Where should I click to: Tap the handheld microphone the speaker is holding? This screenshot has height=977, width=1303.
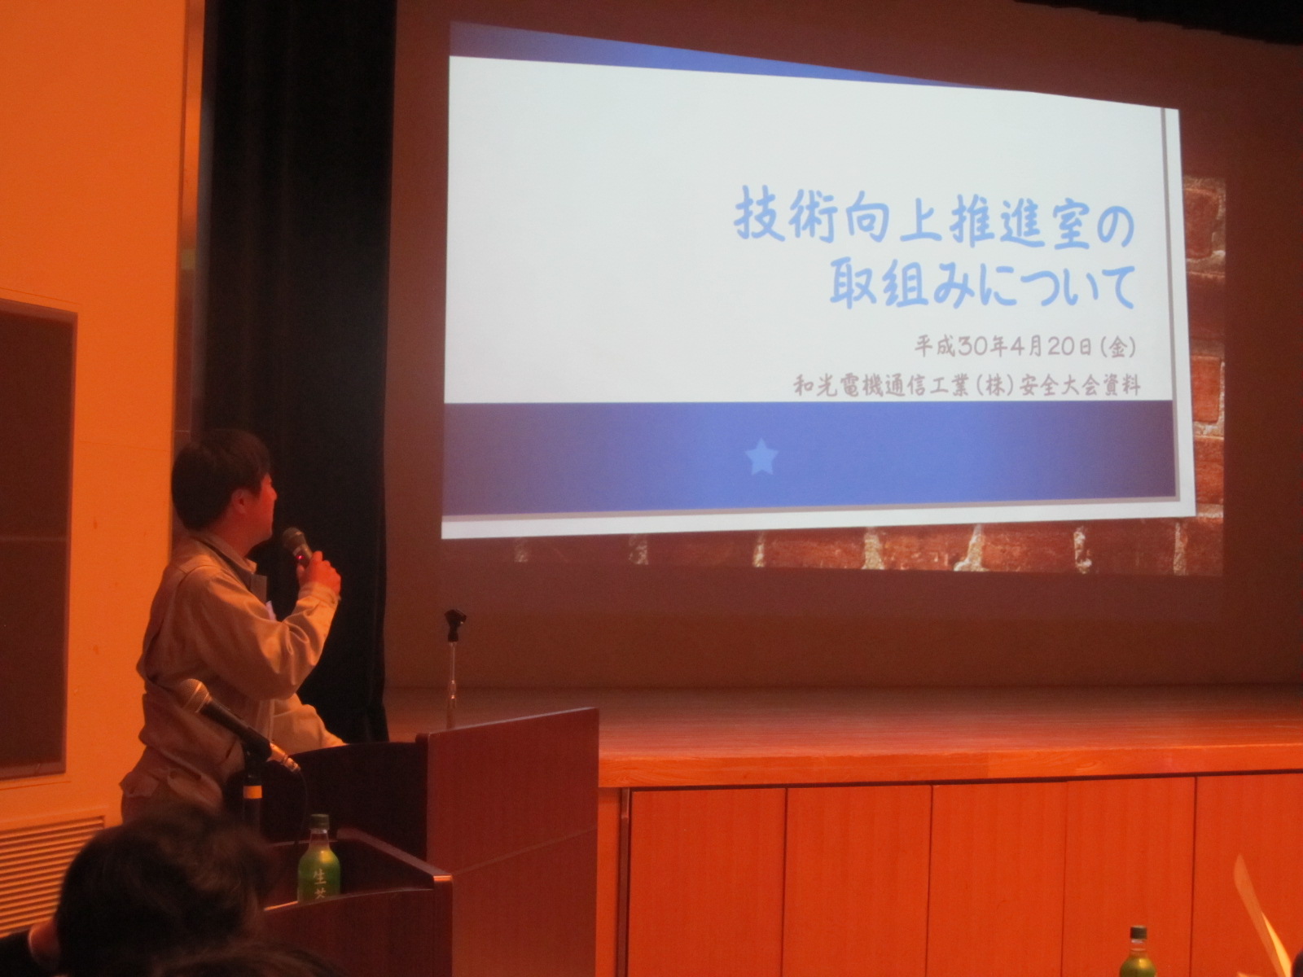click(x=296, y=545)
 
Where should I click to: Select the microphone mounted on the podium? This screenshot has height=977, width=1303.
click(x=238, y=724)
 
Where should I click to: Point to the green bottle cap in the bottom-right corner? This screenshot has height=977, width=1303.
click(x=1137, y=934)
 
